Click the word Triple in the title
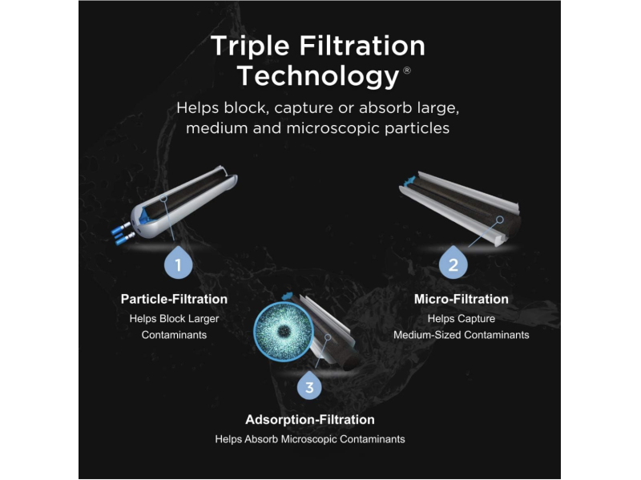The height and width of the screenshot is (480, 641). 250,47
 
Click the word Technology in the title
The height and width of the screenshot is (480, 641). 318,76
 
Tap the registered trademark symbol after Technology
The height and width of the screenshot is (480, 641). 407,71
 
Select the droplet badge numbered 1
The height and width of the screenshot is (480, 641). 178,263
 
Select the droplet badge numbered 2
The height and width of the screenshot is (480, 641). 453,263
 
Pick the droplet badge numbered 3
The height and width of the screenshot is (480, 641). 309,385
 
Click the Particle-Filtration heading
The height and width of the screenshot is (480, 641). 174,299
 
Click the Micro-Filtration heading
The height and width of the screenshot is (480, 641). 462,299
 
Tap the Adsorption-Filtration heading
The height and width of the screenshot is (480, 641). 310,419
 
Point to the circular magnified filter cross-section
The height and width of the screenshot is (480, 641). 284,332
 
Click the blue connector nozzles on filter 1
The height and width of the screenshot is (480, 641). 123,233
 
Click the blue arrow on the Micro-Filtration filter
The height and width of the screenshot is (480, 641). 409,182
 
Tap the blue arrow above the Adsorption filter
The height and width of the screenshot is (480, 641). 288,296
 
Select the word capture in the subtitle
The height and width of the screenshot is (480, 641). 304,109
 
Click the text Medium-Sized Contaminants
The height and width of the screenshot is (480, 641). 462,335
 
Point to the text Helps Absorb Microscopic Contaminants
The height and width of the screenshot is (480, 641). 310,439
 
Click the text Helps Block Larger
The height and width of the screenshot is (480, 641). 174,318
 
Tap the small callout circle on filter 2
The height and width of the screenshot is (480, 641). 499,220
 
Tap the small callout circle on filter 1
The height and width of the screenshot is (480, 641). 163,198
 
